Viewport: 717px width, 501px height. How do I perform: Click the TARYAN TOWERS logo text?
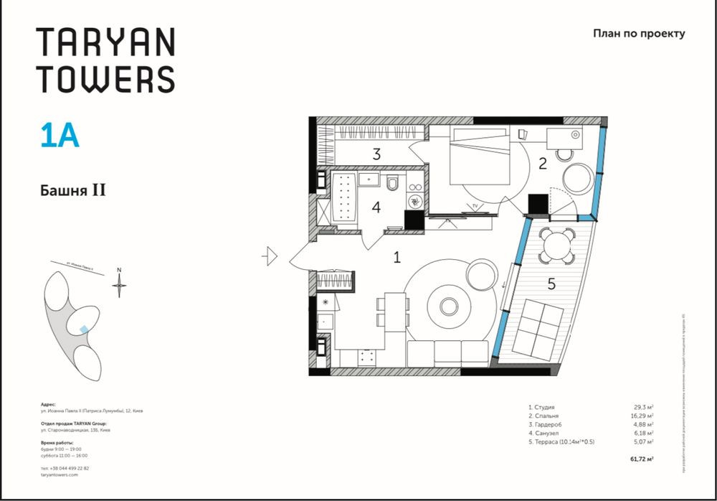click(105, 60)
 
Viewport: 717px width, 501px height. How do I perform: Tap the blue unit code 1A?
click(60, 136)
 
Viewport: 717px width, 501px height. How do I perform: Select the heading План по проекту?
click(640, 33)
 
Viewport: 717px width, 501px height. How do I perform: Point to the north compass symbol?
click(120, 285)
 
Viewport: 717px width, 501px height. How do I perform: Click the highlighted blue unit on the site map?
click(85, 329)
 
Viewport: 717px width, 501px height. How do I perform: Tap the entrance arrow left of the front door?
click(270, 256)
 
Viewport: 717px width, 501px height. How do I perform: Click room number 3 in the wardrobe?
click(376, 153)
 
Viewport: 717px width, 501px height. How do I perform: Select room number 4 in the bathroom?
click(376, 207)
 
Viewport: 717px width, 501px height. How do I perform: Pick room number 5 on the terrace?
click(551, 284)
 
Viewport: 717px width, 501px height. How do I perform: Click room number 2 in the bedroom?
click(542, 163)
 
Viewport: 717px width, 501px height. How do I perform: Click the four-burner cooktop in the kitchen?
click(369, 355)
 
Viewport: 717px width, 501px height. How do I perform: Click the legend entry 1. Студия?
click(541, 406)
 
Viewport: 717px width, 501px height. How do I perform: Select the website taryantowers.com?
click(60, 475)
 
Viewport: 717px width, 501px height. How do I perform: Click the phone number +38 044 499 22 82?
click(65, 467)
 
